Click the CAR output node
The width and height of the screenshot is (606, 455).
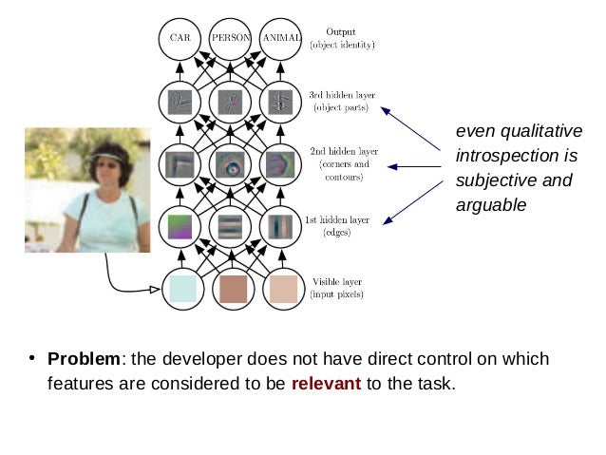coord(180,39)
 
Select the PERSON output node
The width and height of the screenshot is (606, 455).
coord(230,39)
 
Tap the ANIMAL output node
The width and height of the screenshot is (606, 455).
coord(281,39)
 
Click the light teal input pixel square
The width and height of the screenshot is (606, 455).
coord(180,288)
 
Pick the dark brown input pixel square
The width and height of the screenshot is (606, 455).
coord(232,288)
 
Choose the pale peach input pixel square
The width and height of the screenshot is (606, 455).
coord(282,288)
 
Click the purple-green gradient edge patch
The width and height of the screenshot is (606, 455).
coord(180,226)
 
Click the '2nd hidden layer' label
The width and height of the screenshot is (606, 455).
coord(344,152)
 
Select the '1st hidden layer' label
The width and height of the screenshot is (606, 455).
coord(337,220)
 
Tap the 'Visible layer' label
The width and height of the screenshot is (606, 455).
coord(337,282)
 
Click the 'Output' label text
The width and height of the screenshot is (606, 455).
coord(340,31)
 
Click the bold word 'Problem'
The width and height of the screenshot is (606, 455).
coord(85,359)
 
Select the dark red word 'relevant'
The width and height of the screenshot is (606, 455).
coord(326,384)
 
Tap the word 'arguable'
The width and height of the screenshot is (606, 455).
coord(490,204)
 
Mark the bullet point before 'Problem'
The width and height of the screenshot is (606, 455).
coord(31,358)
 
